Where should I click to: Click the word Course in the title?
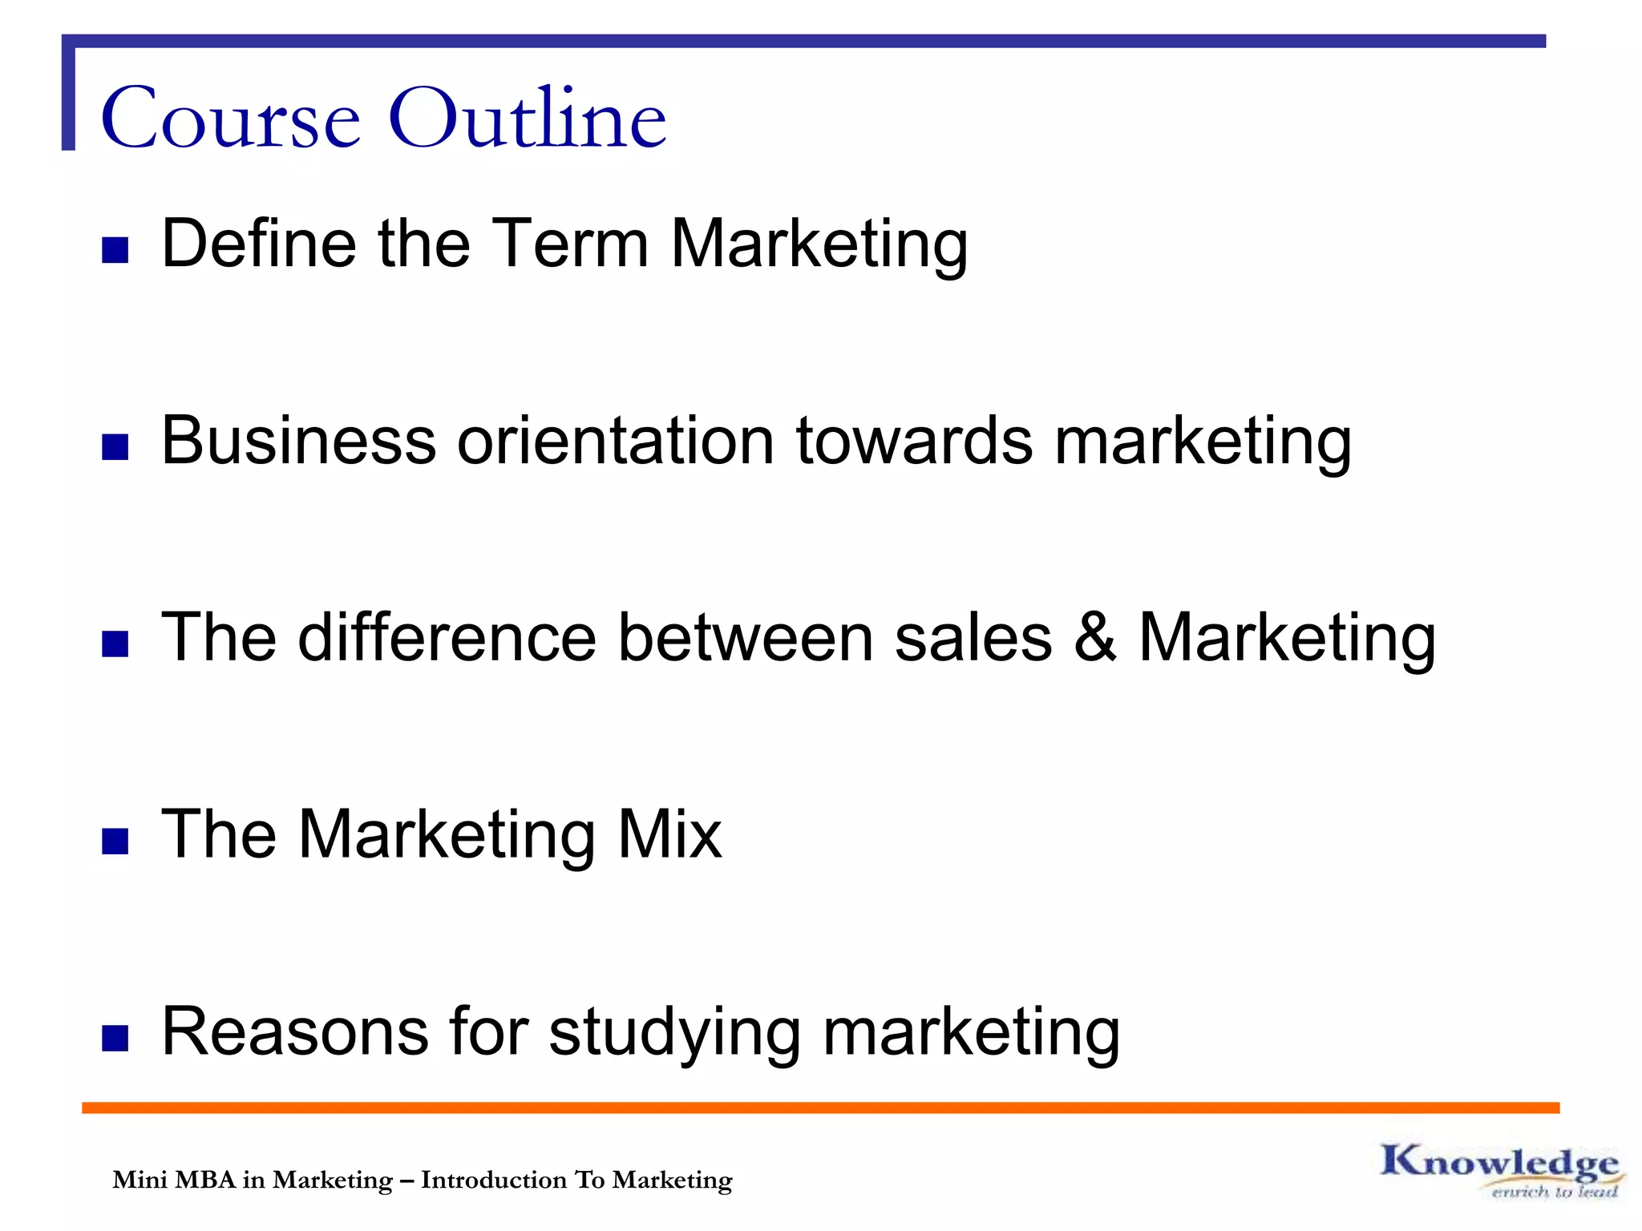(x=231, y=119)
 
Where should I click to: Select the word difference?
(x=447, y=637)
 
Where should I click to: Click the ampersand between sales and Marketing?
(x=1095, y=637)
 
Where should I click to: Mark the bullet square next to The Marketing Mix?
(x=115, y=841)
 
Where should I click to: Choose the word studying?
(x=674, y=1034)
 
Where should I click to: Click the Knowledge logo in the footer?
(x=1499, y=1170)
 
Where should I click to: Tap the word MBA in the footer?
(x=204, y=1180)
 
